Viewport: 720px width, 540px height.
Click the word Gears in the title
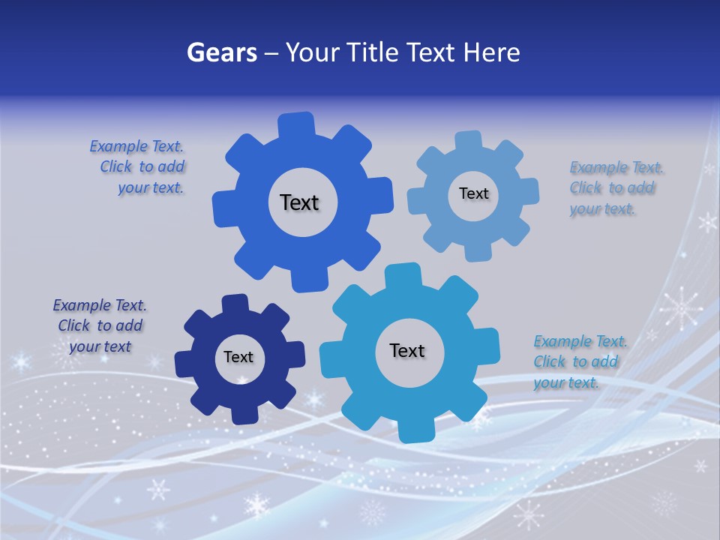(221, 52)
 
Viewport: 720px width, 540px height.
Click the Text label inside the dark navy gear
(238, 358)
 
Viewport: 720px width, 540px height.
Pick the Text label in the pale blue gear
(473, 193)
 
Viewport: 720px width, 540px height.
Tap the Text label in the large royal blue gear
(299, 202)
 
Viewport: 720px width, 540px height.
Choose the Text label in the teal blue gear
(407, 350)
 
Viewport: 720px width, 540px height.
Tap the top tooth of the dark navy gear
(235, 304)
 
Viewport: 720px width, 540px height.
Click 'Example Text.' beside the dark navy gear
(100, 305)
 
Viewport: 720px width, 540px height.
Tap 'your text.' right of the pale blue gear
(602, 209)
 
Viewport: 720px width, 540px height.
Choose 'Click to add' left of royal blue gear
(142, 166)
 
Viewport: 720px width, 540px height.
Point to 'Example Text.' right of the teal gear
(580, 341)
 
